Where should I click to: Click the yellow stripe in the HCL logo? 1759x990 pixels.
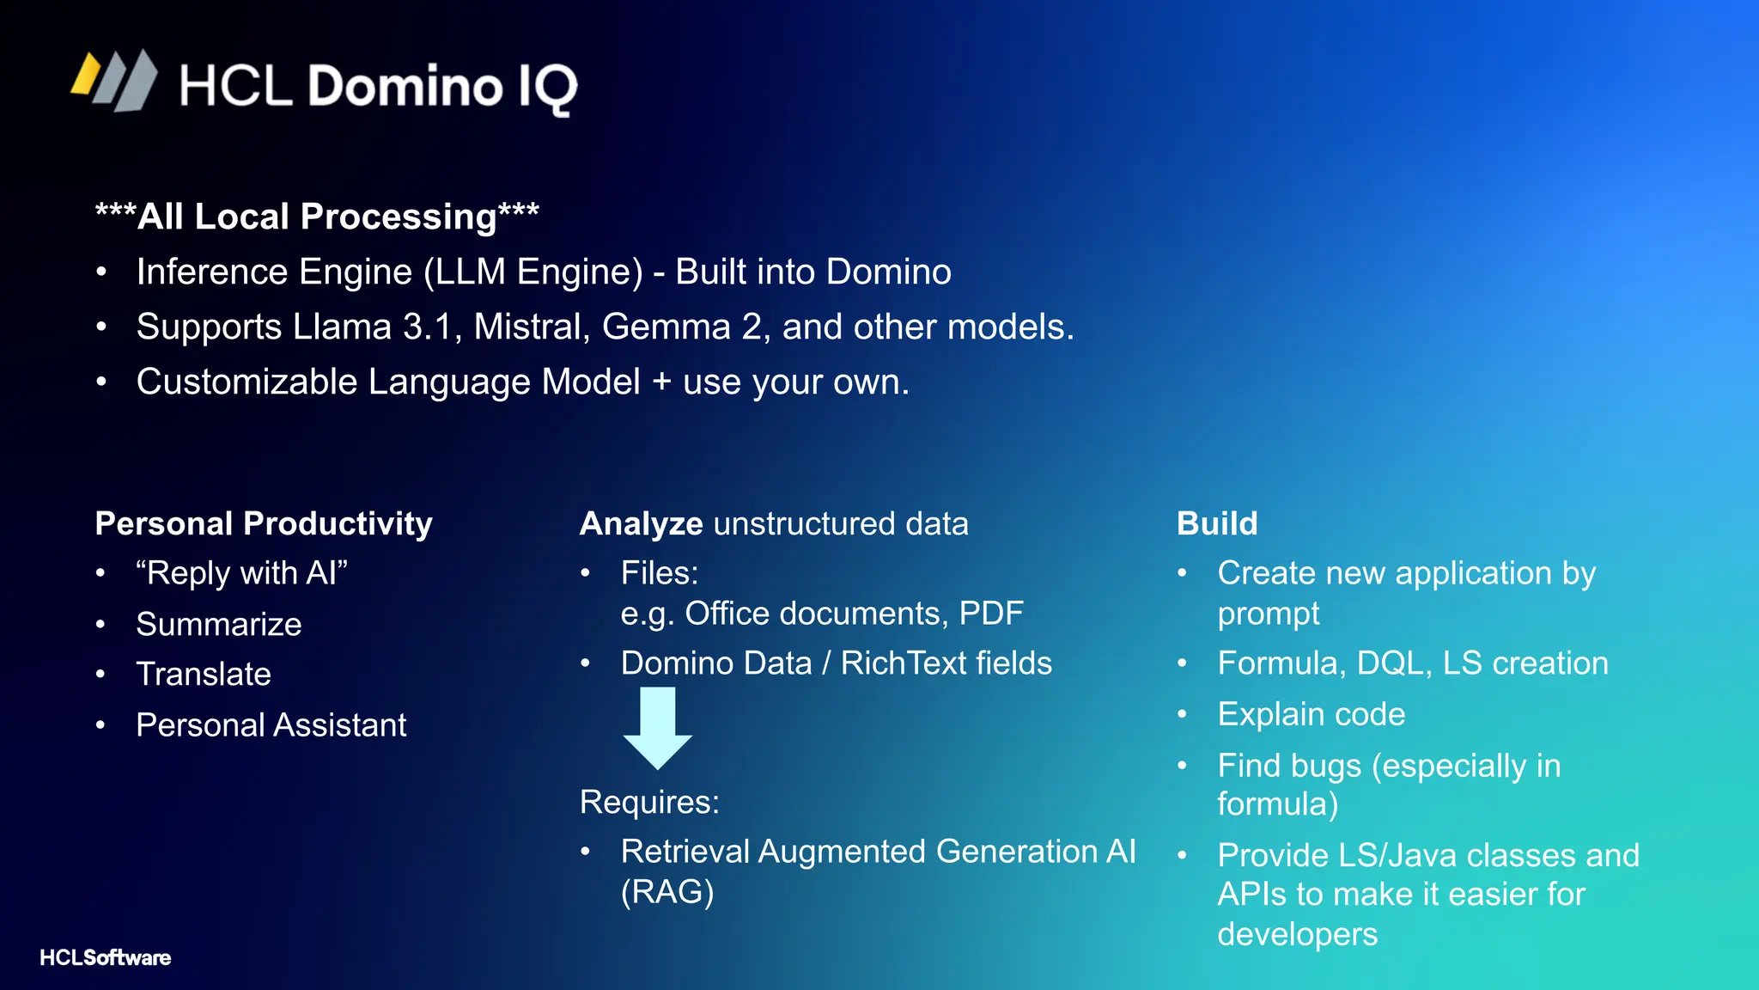point(87,74)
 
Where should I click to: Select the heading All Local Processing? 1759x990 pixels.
point(317,217)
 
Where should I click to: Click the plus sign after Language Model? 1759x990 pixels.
point(661,382)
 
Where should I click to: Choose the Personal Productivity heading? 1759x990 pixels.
point(264,523)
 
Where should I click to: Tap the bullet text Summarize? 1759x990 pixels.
point(219,624)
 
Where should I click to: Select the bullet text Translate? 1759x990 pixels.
point(204,674)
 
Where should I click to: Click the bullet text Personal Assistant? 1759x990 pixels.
point(271,725)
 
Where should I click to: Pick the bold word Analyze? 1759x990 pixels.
point(641,523)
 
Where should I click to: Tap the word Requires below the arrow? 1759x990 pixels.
point(648,802)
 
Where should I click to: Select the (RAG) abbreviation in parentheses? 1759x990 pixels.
point(667,892)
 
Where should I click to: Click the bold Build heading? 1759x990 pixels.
point(1217,523)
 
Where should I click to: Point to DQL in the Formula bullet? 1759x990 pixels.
point(1393,663)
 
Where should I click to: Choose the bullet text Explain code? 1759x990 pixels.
point(1311,714)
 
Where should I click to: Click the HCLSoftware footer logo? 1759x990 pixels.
point(105,957)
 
